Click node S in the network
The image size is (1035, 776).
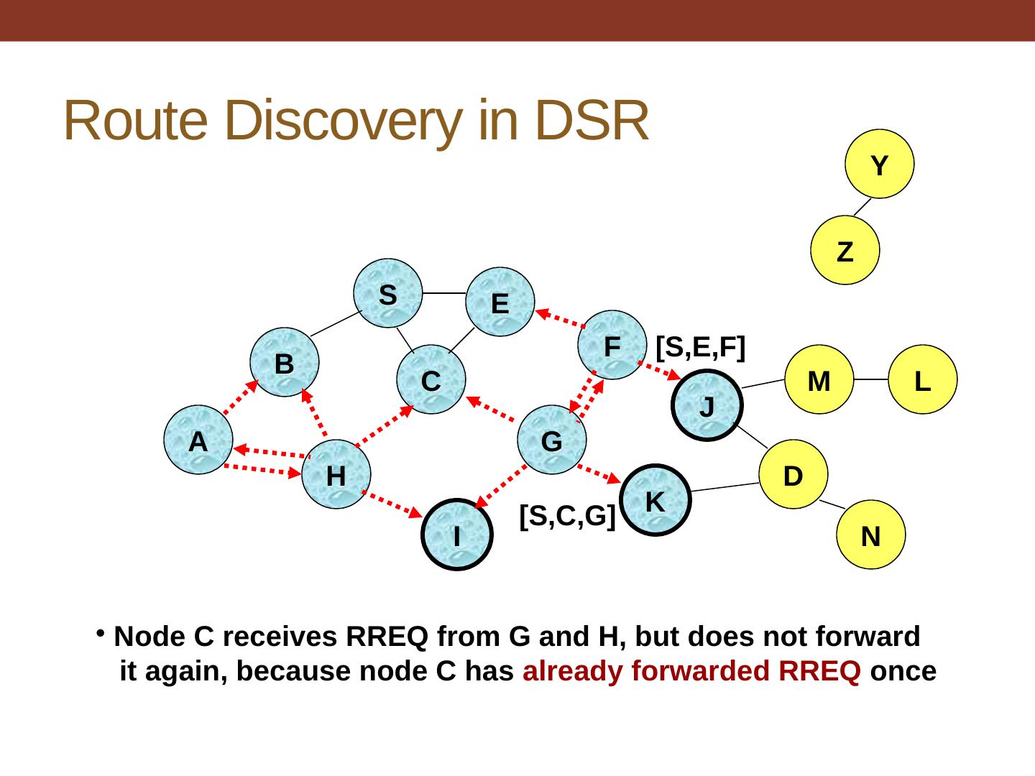pos(388,293)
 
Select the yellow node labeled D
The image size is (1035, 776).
pos(793,474)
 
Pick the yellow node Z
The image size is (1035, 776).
pos(845,251)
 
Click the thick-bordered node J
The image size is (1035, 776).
pos(707,406)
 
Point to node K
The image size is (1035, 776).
pos(655,501)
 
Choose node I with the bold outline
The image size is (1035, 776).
pos(457,535)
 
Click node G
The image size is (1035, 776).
pos(552,440)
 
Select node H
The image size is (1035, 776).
pos(336,474)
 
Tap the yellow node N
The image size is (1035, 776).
pos(871,535)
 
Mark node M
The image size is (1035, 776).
pos(819,380)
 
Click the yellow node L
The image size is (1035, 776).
pos(923,380)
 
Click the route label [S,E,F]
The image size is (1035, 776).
pos(701,347)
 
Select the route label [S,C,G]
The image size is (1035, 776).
pos(567,515)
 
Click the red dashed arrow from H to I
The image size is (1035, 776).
pos(392,504)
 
